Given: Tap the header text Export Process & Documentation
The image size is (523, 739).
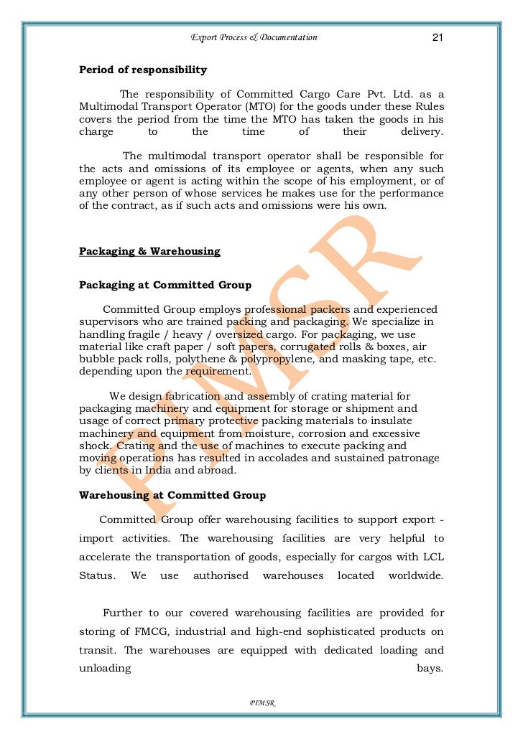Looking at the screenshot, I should pyautogui.click(x=254, y=37).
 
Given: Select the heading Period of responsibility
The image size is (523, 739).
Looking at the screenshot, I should pyautogui.click(x=143, y=70).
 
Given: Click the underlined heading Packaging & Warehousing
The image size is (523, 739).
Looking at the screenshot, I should pyautogui.click(x=149, y=252).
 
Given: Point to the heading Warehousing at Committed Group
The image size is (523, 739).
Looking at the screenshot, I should pyautogui.click(x=172, y=496).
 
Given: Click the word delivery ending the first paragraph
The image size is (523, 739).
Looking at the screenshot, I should pyautogui.click(x=422, y=132).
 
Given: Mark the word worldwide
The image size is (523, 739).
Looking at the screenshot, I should pyautogui.click(x=416, y=576).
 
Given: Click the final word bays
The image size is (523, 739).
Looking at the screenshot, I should pyautogui.click(x=430, y=669).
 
